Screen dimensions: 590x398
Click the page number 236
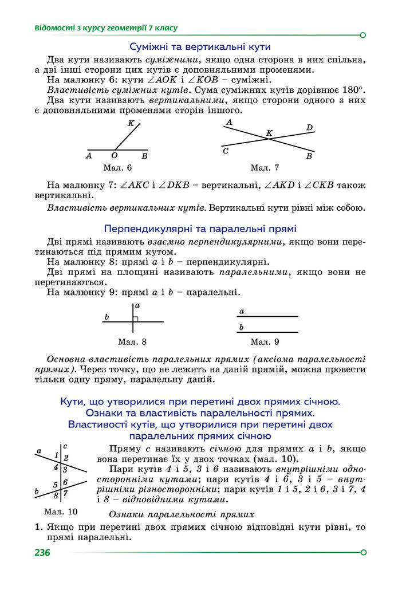[43, 553]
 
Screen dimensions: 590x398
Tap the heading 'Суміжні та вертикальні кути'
[199, 47]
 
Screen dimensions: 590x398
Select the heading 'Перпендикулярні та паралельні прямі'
[199, 227]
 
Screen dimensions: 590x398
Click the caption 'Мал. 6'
[117, 168]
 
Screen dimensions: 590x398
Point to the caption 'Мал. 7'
[265, 168]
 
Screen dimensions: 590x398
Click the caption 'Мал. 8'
[132, 342]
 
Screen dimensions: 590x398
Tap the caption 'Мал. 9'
[265, 342]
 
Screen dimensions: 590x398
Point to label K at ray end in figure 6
[131, 124]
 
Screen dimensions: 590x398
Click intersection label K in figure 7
[269, 133]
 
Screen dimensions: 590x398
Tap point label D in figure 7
[309, 127]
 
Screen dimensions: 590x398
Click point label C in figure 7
[226, 151]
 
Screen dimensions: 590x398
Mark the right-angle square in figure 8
[136, 318]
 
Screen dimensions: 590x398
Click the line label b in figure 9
[242, 328]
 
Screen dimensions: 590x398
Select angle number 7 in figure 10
[65, 493]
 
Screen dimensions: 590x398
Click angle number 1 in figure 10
[57, 455]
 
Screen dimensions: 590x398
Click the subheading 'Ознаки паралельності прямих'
[181, 514]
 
